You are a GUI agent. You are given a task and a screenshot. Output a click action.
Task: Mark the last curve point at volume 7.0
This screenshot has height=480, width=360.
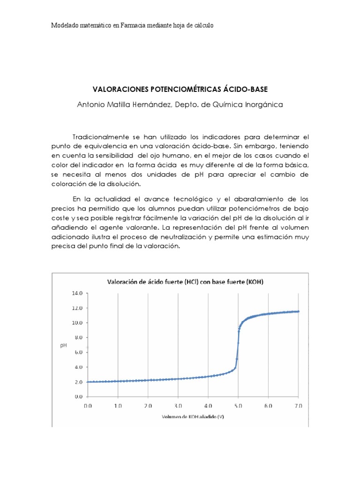299,311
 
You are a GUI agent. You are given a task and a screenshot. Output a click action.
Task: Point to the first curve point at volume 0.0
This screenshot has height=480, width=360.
88,382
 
